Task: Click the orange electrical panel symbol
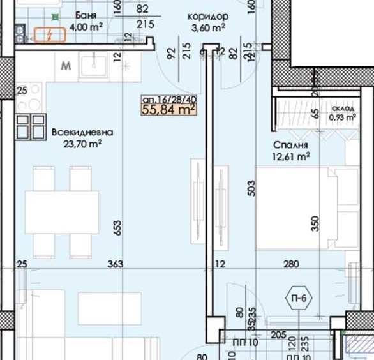coord(49,35)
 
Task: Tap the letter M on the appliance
coord(66,65)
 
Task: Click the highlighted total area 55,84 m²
coord(168,110)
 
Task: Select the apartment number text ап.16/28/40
coord(168,100)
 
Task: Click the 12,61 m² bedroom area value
coord(292,155)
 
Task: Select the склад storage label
coord(341,109)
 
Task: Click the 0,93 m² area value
coord(341,117)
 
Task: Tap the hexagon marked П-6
coord(297,297)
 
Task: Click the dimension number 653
coord(117,228)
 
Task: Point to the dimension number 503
coord(251,188)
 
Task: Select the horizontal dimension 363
coord(116,264)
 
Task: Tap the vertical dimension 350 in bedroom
coord(315,223)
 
